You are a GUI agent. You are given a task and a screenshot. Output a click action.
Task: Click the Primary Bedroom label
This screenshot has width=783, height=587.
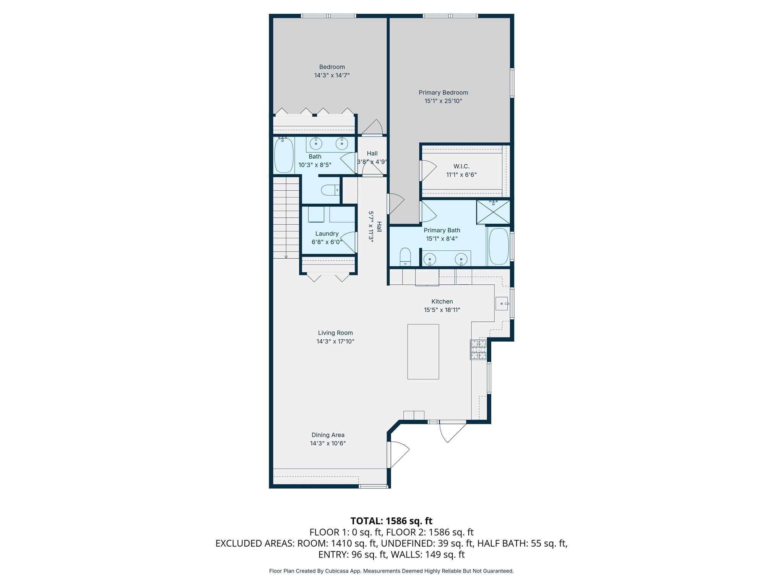(x=443, y=92)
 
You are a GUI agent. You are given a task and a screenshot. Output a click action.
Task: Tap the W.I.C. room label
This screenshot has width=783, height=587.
(x=461, y=166)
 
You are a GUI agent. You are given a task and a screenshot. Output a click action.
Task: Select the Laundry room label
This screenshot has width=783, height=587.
(x=327, y=234)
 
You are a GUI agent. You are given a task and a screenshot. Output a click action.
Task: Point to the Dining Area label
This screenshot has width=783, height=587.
(x=328, y=435)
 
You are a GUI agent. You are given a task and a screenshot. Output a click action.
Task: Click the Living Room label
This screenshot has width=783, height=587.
(x=335, y=333)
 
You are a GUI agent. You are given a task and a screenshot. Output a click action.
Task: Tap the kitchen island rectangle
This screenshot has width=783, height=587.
(x=423, y=352)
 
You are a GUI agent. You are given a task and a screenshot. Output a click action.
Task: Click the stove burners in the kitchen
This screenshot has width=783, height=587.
(x=478, y=350)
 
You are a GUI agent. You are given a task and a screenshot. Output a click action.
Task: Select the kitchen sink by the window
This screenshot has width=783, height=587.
(x=502, y=303)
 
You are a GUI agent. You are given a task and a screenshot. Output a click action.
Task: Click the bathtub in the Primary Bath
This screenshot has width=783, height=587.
(x=499, y=246)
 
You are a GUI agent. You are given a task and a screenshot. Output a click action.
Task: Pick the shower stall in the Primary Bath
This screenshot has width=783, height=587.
(x=493, y=212)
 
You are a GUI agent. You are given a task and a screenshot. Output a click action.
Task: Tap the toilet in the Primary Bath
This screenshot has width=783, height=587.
(x=405, y=257)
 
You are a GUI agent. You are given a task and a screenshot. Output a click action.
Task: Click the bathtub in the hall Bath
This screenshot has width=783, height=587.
(x=284, y=155)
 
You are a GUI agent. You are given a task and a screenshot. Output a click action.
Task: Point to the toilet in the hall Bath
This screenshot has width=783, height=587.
(x=330, y=190)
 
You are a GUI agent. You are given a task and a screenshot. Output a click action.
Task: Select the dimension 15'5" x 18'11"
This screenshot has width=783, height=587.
(x=442, y=310)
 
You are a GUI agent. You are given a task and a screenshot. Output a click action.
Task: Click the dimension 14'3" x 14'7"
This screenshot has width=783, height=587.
(x=332, y=75)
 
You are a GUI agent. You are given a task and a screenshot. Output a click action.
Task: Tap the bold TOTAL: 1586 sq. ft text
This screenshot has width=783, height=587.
(x=391, y=521)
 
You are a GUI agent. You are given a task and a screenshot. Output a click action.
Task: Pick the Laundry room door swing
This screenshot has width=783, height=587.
(x=348, y=242)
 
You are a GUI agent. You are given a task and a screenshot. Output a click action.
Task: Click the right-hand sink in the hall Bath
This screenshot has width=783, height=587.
(x=341, y=144)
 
